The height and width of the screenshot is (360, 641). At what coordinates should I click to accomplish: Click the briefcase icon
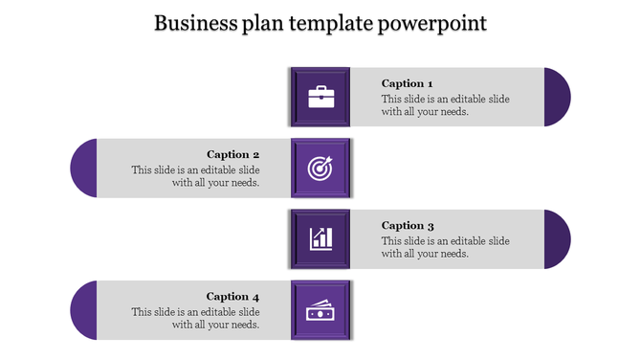320,97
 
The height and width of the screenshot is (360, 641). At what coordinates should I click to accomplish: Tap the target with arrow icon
320,168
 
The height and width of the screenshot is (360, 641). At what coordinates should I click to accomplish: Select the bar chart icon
320,238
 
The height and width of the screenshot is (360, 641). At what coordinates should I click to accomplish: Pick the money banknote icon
320,310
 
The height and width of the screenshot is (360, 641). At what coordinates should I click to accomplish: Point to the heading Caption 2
233,154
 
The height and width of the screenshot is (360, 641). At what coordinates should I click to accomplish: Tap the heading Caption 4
233,297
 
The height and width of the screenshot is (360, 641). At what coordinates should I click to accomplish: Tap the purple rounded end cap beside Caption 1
558,97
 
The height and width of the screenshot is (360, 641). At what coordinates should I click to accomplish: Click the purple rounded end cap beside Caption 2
83,168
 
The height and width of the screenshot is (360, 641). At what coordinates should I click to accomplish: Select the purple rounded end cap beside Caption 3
558,238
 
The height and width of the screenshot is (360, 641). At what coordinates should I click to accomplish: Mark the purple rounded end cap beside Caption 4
83,310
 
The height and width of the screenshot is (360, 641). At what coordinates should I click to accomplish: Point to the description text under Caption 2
195,176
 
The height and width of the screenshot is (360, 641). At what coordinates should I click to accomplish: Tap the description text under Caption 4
195,318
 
